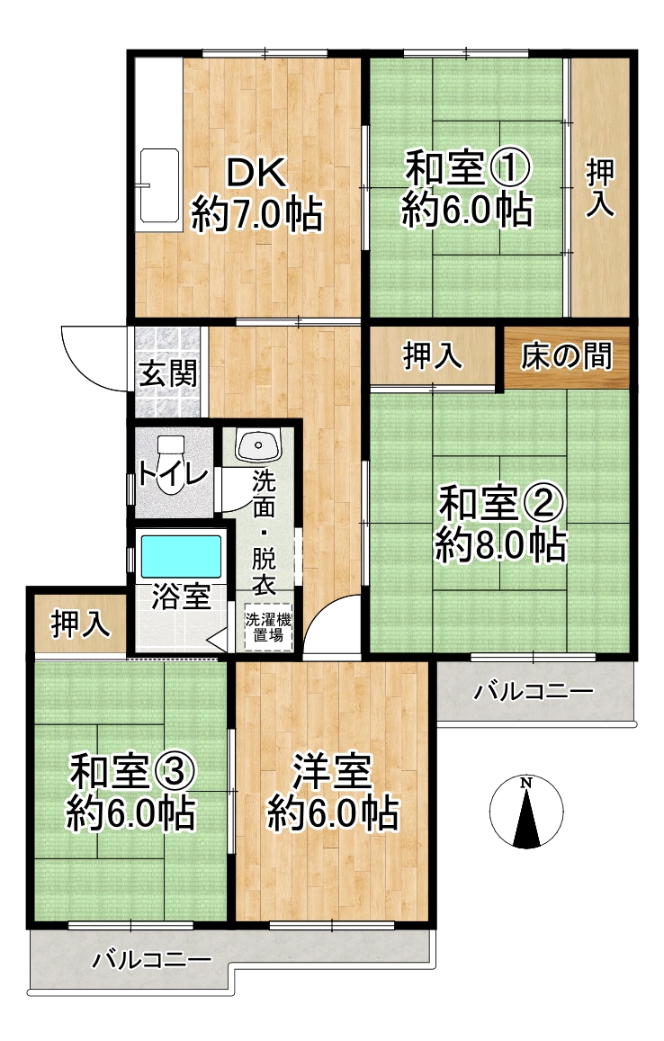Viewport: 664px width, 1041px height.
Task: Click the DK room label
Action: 256,173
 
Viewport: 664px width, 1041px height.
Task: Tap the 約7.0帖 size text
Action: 257,214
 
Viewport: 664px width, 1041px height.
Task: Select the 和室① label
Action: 468,167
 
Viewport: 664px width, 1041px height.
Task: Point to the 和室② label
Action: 501,503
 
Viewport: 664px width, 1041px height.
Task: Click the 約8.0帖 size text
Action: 500,545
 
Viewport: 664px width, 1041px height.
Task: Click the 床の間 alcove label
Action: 567,356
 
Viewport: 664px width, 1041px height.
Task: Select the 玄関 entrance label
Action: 168,373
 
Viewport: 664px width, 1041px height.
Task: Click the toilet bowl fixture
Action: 171,465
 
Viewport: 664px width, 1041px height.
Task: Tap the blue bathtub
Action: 181,556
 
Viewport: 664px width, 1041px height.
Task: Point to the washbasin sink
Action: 259,445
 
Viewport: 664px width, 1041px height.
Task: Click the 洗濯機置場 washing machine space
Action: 268,627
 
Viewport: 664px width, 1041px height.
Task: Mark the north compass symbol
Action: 526,812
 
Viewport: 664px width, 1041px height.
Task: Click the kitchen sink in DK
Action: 159,186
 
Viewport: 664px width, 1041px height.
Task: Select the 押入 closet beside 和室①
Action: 599,188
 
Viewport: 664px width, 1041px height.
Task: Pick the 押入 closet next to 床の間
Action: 433,356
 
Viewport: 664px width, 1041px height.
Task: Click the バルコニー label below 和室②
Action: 534,692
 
